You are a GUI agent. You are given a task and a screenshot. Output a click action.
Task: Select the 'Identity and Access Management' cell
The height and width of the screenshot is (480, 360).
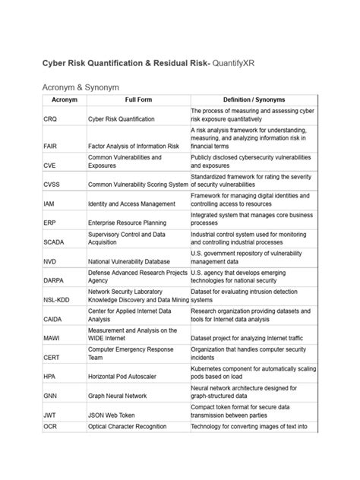click(133, 204)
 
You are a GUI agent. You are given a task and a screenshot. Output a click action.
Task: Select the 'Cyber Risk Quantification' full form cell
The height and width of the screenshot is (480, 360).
click(122, 119)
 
